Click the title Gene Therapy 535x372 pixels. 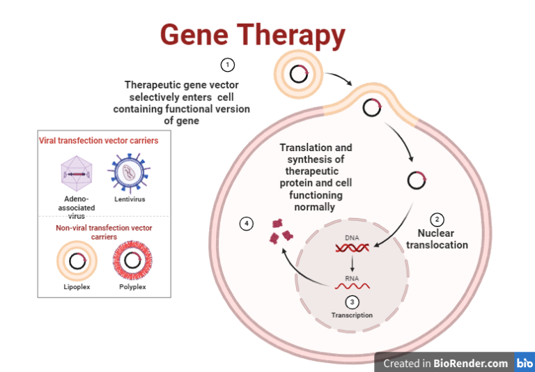point(253,34)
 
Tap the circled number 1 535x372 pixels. point(227,65)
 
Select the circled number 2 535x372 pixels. point(437,219)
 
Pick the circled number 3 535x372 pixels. point(352,302)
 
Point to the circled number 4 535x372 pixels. point(246,224)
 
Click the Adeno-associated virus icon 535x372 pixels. point(77,171)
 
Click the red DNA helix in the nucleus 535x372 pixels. point(352,247)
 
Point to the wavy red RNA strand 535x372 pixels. point(352,285)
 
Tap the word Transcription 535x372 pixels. point(352,315)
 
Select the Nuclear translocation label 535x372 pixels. point(442,239)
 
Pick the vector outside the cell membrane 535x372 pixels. point(300,74)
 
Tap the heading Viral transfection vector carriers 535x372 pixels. point(98,141)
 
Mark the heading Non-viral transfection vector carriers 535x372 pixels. point(104,232)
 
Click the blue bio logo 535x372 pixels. point(525,363)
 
